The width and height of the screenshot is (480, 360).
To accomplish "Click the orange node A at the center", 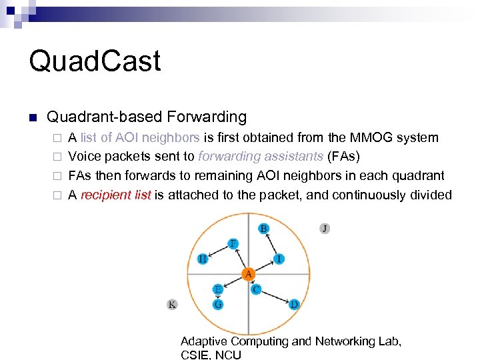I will coord(248,274).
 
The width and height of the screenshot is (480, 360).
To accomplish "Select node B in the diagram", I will coord(264,229).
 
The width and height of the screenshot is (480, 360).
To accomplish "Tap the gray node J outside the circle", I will coord(325,228).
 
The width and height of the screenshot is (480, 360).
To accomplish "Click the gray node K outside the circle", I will coord(172,304).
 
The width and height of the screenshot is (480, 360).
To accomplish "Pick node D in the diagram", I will coord(294,304).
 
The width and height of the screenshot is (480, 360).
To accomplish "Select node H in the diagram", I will coord(203,259).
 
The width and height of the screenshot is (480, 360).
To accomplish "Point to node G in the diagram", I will coord(218,304).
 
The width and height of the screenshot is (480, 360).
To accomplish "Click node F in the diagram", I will coord(233,243).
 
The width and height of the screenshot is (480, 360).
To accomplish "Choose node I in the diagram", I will coord(279,259).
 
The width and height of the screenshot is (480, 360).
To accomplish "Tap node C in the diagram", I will coord(256,289).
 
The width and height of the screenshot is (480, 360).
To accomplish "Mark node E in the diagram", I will coord(218,289).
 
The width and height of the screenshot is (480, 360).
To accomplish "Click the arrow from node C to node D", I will coord(275,297).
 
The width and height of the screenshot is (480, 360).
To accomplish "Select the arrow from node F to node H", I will coord(218,251).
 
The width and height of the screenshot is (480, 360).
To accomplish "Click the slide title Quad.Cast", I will coord(95,61).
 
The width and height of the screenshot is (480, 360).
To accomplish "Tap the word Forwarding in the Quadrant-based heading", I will coord(207,117).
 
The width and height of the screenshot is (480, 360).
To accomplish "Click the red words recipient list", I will coord(116,195).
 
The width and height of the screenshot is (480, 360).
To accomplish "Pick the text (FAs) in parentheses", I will coord(344,157).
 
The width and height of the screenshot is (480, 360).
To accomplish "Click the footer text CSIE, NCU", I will coord(211,355).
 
